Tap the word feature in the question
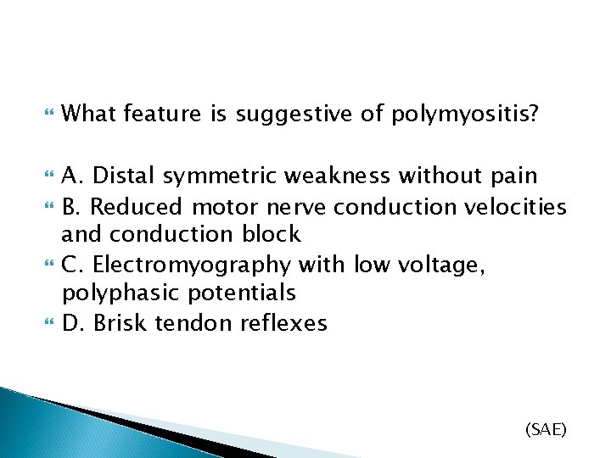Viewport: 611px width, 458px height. (x=164, y=114)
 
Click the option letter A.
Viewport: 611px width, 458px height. (x=73, y=176)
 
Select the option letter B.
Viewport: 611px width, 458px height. (x=72, y=205)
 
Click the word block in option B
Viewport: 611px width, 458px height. (x=272, y=234)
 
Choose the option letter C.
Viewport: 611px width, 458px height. (x=73, y=265)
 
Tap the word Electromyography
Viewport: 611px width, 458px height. (x=191, y=265)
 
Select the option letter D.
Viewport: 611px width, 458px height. (x=73, y=323)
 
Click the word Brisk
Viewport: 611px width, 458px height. (x=119, y=323)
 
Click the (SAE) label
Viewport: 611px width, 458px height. (x=546, y=430)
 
